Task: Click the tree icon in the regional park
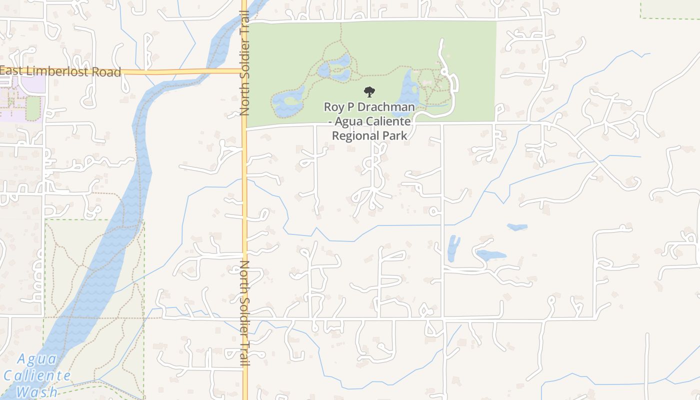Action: (x=369, y=91)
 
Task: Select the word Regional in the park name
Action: (x=356, y=135)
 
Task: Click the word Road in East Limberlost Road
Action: (x=106, y=72)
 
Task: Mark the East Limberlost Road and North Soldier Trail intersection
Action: (x=244, y=71)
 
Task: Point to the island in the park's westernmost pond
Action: (x=290, y=101)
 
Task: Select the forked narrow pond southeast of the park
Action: (x=453, y=248)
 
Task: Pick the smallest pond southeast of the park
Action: (x=517, y=227)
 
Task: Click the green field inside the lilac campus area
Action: (x=33, y=108)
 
